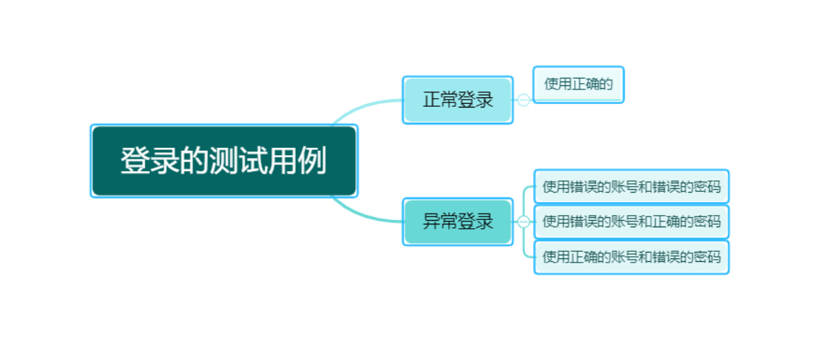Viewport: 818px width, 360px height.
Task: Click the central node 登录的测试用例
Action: click(x=224, y=161)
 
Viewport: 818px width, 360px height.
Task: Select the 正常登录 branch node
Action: click(x=457, y=100)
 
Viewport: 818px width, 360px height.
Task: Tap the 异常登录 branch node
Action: click(x=457, y=221)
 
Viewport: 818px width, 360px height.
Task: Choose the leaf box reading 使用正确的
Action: click(x=578, y=84)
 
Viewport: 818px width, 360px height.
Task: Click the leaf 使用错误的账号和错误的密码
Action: click(x=631, y=187)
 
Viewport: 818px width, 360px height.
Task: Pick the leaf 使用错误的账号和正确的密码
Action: click(x=631, y=221)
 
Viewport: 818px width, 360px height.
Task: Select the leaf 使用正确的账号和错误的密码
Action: click(x=631, y=256)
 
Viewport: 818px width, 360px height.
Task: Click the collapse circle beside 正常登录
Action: click(x=524, y=100)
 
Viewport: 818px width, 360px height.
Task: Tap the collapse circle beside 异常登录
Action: click(x=524, y=221)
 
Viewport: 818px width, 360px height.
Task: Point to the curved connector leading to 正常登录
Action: click(x=361, y=108)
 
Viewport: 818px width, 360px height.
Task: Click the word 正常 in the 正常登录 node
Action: click(x=440, y=100)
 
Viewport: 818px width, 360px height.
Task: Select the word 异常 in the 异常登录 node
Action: click(x=440, y=221)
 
